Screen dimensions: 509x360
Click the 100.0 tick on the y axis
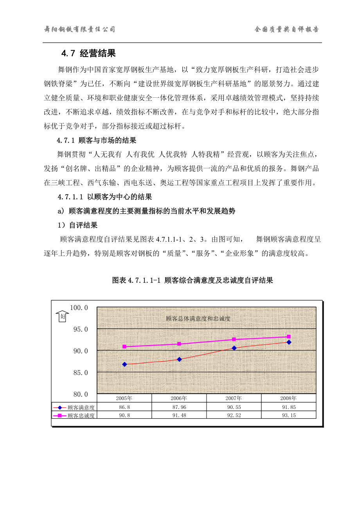point(79,308)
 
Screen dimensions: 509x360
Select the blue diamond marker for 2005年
point(124,364)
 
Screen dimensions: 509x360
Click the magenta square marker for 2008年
point(289,337)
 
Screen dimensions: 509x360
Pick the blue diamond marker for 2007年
point(234,348)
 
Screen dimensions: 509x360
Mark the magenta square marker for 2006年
point(179,344)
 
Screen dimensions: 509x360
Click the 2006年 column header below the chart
point(179,398)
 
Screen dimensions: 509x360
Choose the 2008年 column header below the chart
point(288,398)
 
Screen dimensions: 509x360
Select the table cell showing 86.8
point(124,407)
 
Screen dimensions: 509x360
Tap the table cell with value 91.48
point(179,415)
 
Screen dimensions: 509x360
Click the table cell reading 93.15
point(288,415)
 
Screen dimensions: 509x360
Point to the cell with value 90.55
point(234,407)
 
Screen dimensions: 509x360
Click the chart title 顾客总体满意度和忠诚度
point(198,319)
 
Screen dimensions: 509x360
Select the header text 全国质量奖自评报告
point(286,29)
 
